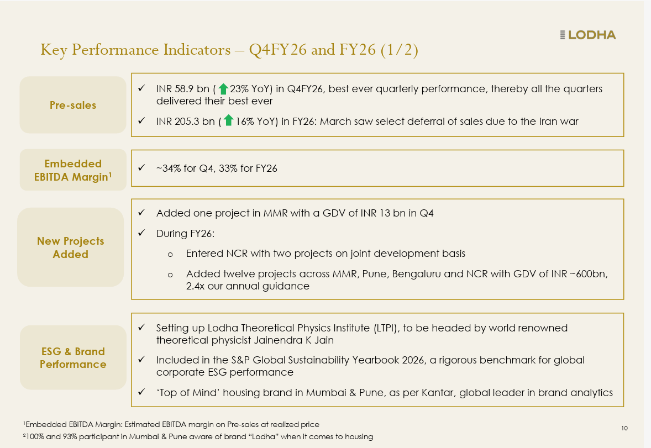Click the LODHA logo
tap(587, 35)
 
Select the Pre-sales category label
tap(73, 105)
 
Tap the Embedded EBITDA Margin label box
tap(73, 170)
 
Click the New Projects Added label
tap(71, 247)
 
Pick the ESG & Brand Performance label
tap(73, 357)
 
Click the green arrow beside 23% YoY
tap(223, 89)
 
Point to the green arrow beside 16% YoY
tap(228, 120)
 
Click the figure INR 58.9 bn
tap(183, 89)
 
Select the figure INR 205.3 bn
tap(186, 121)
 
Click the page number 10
tap(624, 428)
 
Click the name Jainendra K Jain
tap(294, 340)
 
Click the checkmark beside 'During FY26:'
tap(141, 233)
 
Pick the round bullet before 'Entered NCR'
tap(170, 255)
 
